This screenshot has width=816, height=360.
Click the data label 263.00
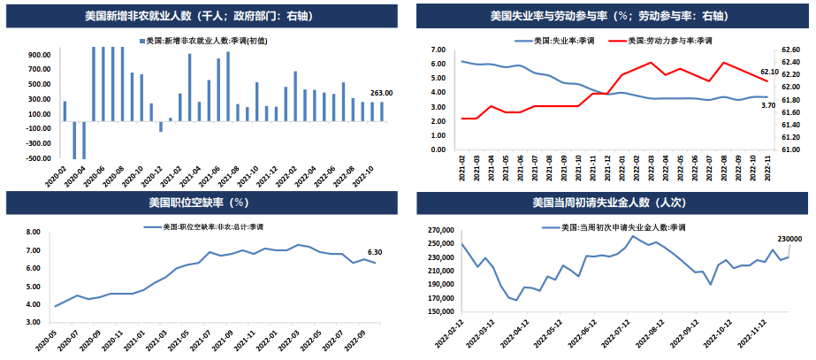click(381, 93)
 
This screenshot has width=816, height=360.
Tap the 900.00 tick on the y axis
click(38, 55)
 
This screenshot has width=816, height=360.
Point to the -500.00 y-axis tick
click(36, 158)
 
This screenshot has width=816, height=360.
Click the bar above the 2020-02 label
click(65, 111)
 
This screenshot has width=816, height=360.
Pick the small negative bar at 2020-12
click(161, 126)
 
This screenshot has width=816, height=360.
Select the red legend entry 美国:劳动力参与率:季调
click(669, 41)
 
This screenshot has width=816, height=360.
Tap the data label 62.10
click(769, 72)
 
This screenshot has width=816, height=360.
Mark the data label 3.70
click(768, 105)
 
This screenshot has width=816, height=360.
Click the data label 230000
click(789, 239)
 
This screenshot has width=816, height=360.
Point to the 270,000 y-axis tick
click(438, 230)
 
